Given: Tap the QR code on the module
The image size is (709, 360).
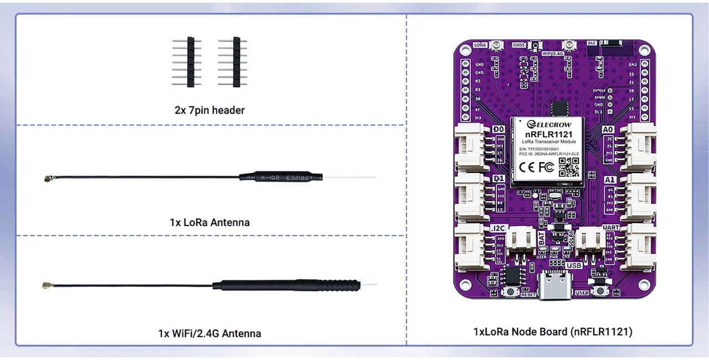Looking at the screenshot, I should coord(568,167).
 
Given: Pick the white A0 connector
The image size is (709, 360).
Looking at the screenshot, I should coord(638,146).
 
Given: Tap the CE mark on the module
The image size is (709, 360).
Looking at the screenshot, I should coord(527,167).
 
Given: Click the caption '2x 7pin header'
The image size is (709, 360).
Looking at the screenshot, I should coord(209,110).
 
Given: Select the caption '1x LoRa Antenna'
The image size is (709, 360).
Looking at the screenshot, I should coord(209,222).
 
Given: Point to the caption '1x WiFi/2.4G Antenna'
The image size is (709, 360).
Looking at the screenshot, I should coord(209,333).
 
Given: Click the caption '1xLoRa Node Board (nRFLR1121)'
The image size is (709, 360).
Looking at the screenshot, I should coord(552,332).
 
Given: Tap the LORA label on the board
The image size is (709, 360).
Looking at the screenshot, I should coord(480,44).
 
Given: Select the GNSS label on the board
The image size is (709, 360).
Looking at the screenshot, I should coord(518,45).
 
